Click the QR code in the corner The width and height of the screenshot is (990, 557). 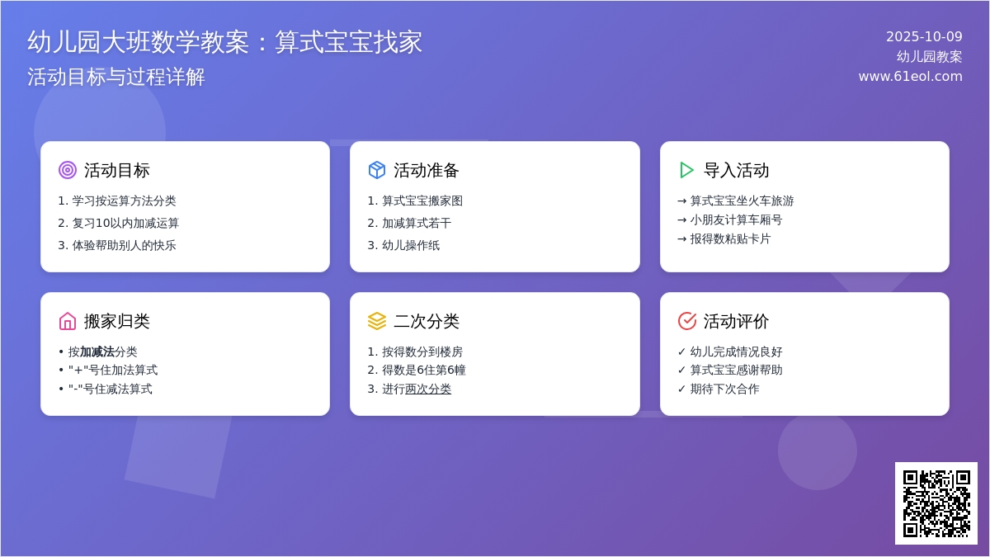pyautogui.click(x=936, y=503)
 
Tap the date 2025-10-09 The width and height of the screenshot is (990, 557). pyautogui.click(x=924, y=36)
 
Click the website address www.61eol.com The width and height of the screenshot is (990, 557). pyautogui.click(x=910, y=76)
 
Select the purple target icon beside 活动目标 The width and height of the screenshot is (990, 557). pyautogui.click(x=68, y=170)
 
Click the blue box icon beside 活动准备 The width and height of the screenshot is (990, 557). pyautogui.click(x=377, y=170)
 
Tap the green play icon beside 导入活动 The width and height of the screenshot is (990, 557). pyautogui.click(x=686, y=170)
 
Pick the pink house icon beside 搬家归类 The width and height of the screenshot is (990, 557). pyautogui.click(x=68, y=321)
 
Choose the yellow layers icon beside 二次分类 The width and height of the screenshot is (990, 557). pyautogui.click(x=377, y=321)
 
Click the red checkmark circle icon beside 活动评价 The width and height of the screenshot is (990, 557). pyautogui.click(x=686, y=321)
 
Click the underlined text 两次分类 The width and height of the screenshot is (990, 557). pyautogui.click(x=428, y=389)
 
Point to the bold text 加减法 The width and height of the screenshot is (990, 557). pyautogui.click(x=97, y=352)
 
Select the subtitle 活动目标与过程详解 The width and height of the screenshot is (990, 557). pyautogui.click(x=116, y=77)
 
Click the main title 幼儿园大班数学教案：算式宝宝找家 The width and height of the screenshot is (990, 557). pyautogui.click(x=224, y=42)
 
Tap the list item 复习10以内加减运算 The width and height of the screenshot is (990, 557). pyautogui.click(x=125, y=223)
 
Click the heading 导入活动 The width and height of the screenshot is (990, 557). pyautogui.click(x=736, y=170)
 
